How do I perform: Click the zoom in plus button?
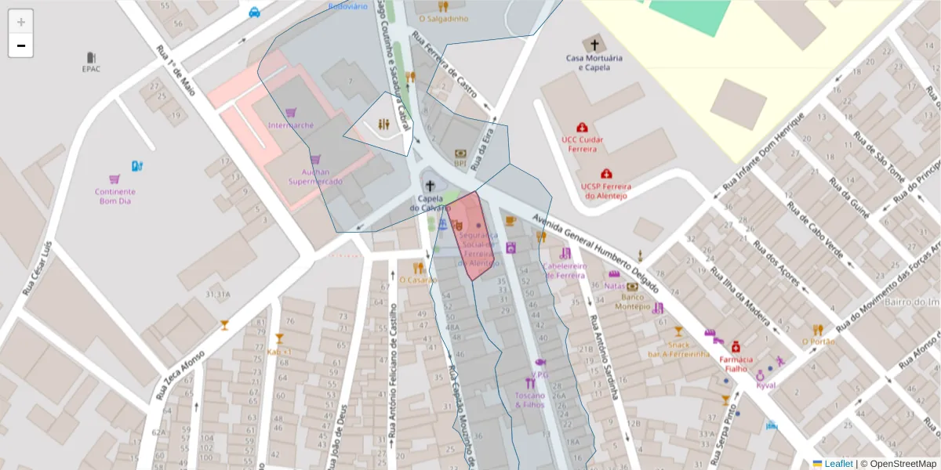pyautogui.click(x=21, y=22)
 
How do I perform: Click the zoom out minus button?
pyautogui.click(x=21, y=46)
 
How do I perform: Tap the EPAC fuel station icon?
pyautogui.click(x=92, y=57)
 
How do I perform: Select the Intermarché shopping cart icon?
pyautogui.click(x=291, y=113)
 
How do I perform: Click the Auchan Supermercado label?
pyautogui.click(x=315, y=176)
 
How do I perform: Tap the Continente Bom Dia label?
pyautogui.click(x=115, y=197)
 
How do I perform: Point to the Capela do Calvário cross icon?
pyautogui.click(x=430, y=186)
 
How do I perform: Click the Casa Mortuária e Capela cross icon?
pyautogui.click(x=594, y=45)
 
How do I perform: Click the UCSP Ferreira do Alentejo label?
pyautogui.click(x=605, y=191)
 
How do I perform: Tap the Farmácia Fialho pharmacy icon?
pyautogui.click(x=736, y=347)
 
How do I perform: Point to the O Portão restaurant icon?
pyautogui.click(x=818, y=330)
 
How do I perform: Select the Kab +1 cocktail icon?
pyautogui.click(x=278, y=339)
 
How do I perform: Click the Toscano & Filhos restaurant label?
pyautogui.click(x=530, y=400)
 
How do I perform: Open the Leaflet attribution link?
pyautogui.click(x=837, y=464)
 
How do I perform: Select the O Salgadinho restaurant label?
pyautogui.click(x=443, y=19)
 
